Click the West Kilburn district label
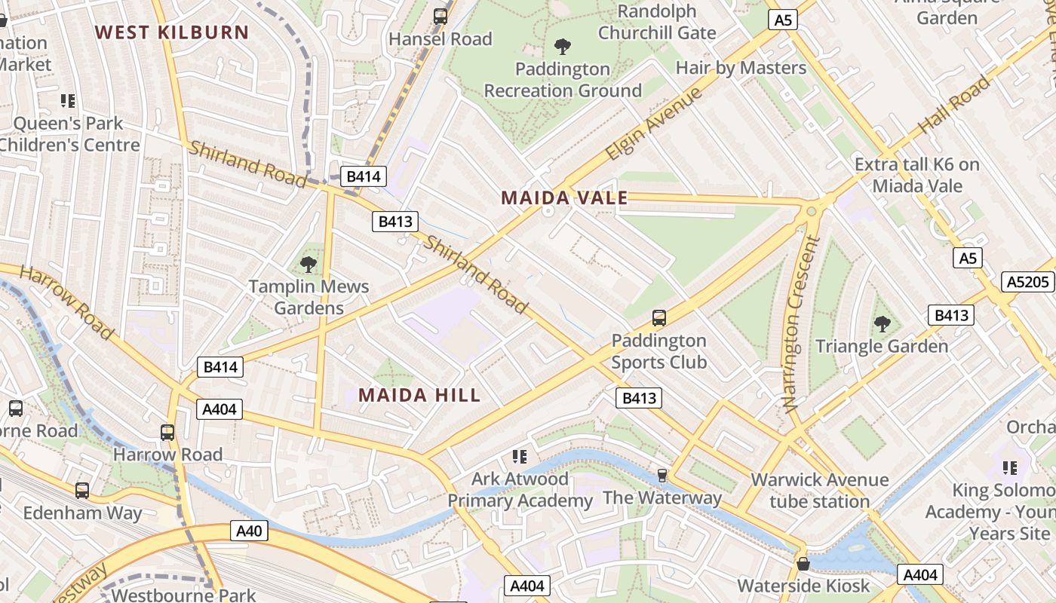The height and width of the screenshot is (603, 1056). [172, 32]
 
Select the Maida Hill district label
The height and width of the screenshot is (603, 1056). [419, 395]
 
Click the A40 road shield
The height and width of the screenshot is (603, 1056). [249, 531]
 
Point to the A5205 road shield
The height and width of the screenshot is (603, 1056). [1029, 282]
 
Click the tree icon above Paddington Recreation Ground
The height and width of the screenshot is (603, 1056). [562, 47]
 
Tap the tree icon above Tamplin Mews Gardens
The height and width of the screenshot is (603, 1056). [308, 265]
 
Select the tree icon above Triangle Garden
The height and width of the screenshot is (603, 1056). [882, 325]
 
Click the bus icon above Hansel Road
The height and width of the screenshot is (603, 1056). [441, 17]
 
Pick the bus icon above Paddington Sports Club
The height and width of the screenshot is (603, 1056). [658, 318]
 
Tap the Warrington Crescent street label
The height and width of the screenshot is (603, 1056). [800, 324]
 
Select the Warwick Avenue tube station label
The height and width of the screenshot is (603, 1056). [820, 491]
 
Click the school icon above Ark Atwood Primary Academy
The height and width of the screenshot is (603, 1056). [519, 457]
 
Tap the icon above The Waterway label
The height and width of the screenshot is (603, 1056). [662, 475]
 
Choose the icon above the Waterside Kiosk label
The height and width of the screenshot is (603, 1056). [803, 564]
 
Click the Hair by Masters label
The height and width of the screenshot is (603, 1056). [741, 68]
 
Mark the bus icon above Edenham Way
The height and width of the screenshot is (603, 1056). [82, 491]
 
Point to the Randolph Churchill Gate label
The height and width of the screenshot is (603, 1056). [657, 22]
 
